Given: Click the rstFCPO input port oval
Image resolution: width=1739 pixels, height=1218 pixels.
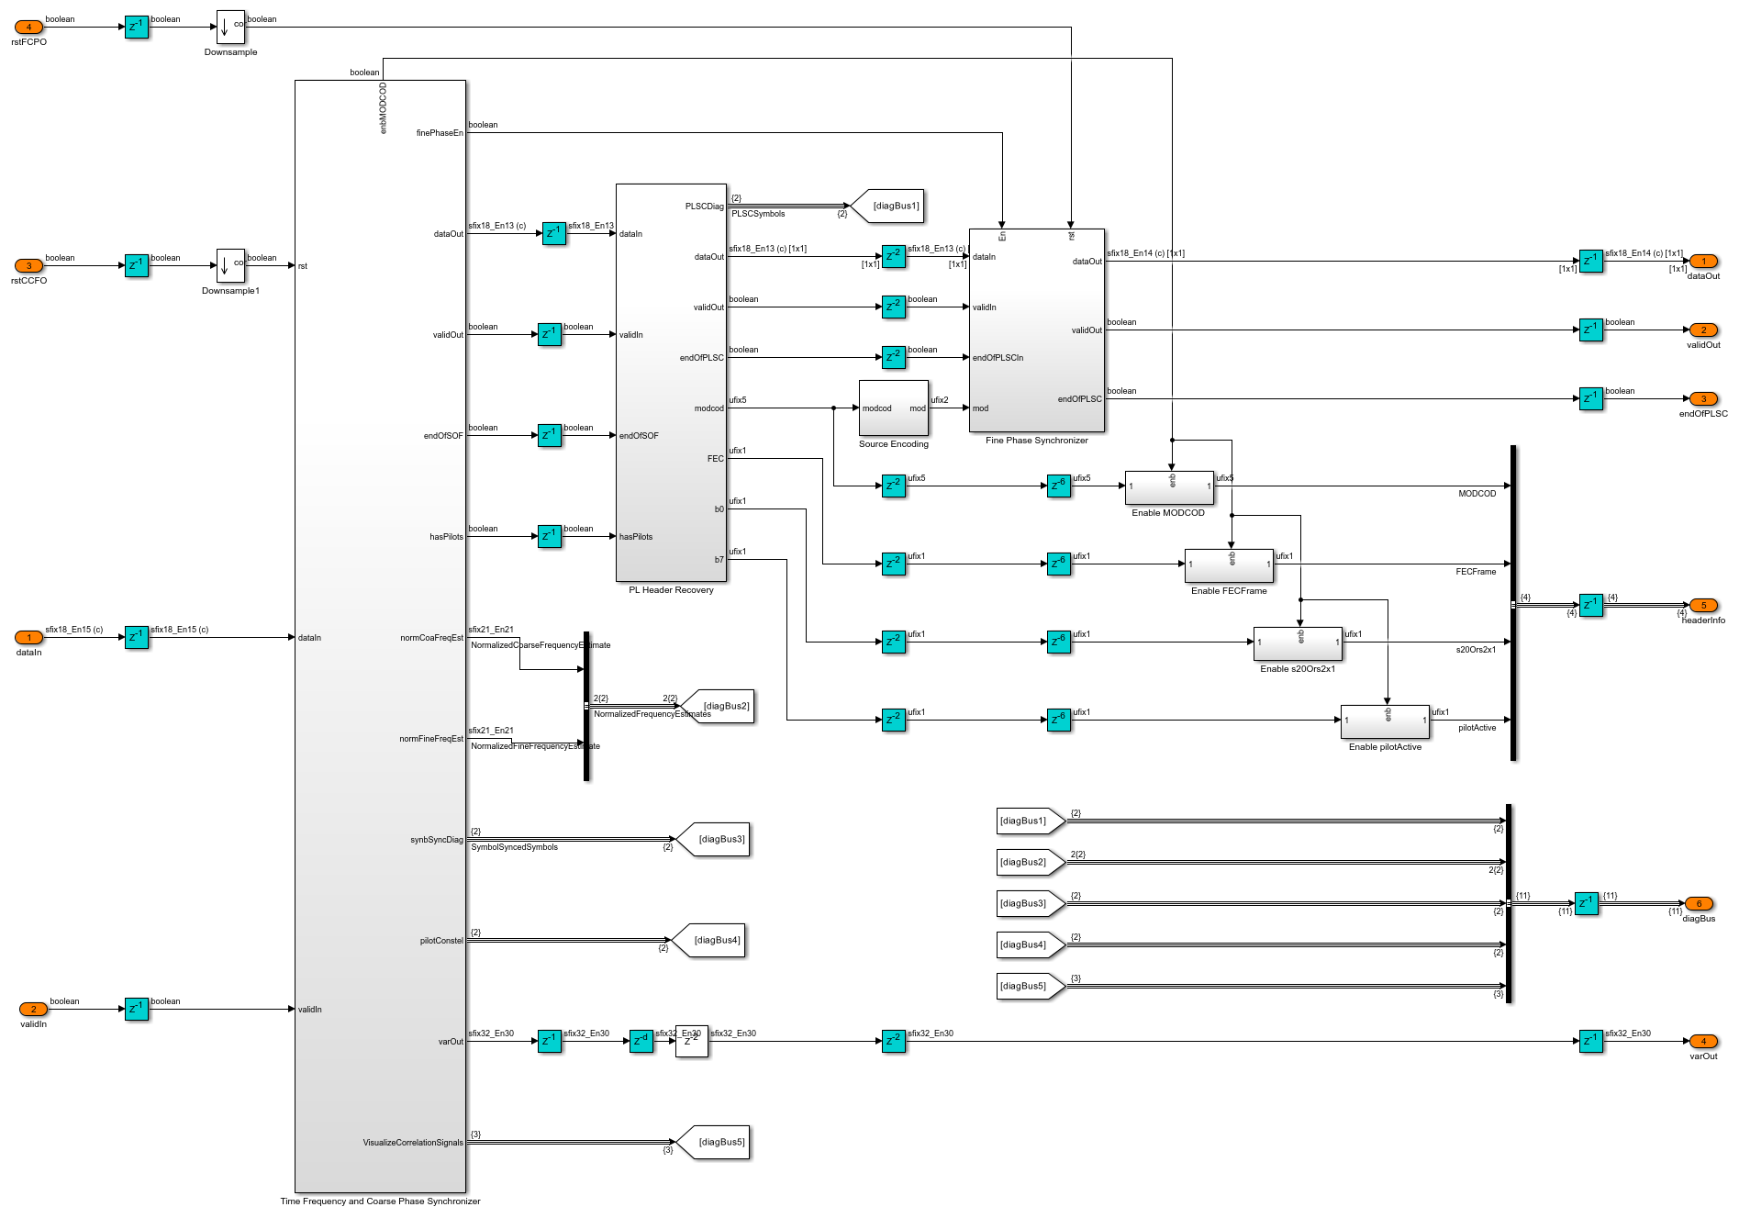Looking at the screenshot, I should coord(28,28).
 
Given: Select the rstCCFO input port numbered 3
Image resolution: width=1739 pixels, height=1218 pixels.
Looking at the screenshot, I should coord(28,266).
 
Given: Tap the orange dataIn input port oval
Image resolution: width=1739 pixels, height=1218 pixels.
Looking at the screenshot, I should coord(28,638).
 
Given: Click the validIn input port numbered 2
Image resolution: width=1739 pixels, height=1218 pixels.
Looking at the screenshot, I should coord(33,1010).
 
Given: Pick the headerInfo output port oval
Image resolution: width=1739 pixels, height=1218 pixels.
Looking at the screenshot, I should coord(1703,606).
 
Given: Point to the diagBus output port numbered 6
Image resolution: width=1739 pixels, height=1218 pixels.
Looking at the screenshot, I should coord(1699,904).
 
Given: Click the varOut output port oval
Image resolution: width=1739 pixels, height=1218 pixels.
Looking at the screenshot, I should coord(1703,1042).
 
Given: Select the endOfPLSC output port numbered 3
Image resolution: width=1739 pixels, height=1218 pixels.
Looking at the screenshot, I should coord(1703,399).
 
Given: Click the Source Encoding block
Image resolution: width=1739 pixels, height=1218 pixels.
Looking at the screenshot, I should coord(893,408).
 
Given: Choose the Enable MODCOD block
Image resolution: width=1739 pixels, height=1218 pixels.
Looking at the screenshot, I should coord(1169,487).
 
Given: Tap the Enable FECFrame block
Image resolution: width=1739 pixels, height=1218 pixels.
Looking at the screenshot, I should coord(1229,565).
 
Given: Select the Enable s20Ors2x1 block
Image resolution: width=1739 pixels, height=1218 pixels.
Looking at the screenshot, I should coord(1298,643).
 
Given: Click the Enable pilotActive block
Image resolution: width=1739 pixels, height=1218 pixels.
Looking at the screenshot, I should coord(1385,721).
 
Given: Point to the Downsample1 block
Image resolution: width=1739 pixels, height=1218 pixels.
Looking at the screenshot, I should coord(230,266).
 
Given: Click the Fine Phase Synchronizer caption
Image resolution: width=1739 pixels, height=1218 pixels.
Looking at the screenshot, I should coord(1037,441).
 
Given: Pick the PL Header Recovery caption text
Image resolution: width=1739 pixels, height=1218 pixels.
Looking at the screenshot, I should coord(671,590).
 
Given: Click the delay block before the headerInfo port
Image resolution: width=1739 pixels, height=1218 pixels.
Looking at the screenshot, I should coord(1590,606).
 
